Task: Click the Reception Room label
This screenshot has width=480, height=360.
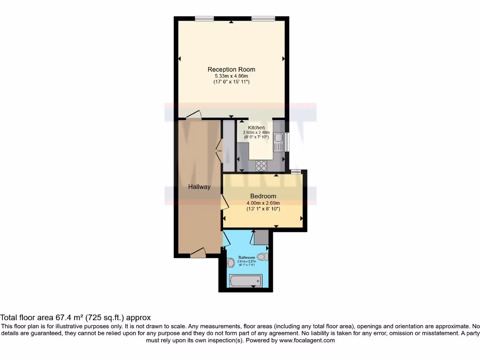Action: click(231, 69)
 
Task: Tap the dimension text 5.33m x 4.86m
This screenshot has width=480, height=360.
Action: click(231, 76)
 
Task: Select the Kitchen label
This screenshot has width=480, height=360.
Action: click(256, 127)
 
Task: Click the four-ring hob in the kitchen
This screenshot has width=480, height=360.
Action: click(261, 165)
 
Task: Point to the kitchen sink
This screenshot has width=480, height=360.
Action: click(278, 142)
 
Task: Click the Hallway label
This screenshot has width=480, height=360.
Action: click(199, 187)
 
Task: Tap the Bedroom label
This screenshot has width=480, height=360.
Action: click(263, 196)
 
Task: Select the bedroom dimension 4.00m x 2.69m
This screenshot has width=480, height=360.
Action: click(263, 202)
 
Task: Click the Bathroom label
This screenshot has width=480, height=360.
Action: click(247, 258)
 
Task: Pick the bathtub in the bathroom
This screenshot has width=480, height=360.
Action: click(245, 281)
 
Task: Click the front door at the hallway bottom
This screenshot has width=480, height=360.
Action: click(198, 253)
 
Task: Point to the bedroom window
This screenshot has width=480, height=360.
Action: click(296, 172)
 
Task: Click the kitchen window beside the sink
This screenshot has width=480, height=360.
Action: click(287, 142)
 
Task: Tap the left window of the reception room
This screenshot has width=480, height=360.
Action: click(204, 18)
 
